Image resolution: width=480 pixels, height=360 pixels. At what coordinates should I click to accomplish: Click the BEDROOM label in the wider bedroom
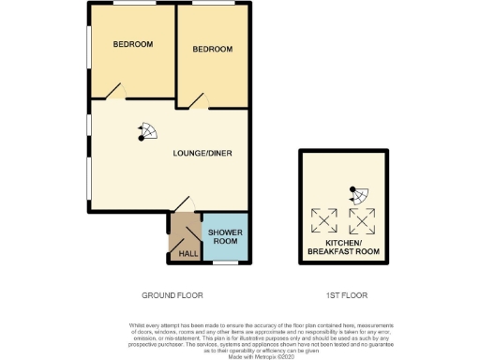click(x=132, y=45)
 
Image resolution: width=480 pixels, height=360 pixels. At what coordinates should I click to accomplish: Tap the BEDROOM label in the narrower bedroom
click(x=212, y=50)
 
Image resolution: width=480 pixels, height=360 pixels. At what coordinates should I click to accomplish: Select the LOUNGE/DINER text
click(x=202, y=153)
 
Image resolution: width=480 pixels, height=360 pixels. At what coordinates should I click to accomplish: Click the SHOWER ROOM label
click(x=226, y=236)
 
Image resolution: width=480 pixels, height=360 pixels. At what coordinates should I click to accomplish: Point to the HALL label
click(x=187, y=253)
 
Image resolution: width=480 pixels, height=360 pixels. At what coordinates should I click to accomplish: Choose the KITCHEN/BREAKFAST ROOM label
click(x=340, y=248)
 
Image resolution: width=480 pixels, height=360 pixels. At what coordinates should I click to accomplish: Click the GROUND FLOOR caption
click(x=172, y=295)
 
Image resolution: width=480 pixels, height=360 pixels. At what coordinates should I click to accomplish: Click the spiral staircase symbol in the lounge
click(x=146, y=132)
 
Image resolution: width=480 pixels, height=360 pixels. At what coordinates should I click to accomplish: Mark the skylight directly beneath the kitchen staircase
click(x=361, y=221)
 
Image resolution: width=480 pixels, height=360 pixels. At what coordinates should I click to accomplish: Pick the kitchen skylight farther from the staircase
click(x=324, y=221)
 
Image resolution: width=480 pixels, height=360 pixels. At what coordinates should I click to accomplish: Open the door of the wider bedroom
click(x=114, y=91)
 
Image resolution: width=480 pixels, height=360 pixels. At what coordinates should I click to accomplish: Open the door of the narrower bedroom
click(x=195, y=101)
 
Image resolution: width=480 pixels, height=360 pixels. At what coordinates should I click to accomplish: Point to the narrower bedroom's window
click(x=215, y=5)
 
